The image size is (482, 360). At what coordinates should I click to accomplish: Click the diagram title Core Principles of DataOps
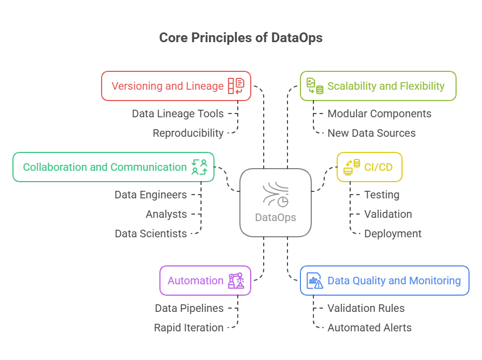pyautogui.click(x=240, y=38)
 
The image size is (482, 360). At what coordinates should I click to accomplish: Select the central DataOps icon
pyautogui.click(x=276, y=195)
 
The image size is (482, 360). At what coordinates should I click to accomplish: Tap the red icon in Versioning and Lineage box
pyautogui.click(x=236, y=86)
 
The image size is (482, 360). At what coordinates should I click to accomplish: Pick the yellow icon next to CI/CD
pyautogui.click(x=352, y=167)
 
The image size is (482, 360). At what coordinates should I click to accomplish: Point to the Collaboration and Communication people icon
pyautogui.click(x=199, y=167)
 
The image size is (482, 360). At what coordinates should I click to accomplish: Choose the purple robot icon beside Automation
pyautogui.click(x=236, y=281)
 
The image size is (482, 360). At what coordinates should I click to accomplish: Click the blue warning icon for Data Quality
pyautogui.click(x=314, y=281)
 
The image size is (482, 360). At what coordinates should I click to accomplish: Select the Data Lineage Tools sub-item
pyautogui.click(x=178, y=114)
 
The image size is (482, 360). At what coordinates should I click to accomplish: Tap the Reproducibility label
pyautogui.click(x=188, y=133)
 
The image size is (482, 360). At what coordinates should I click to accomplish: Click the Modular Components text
pyautogui.click(x=379, y=114)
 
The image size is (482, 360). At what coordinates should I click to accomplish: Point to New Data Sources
pyautogui.click(x=371, y=133)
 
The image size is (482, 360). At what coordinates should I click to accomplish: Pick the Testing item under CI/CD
pyautogui.click(x=381, y=195)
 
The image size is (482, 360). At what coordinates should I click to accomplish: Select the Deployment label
pyautogui.click(x=392, y=234)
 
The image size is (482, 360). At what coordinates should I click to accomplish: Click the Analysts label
pyautogui.click(x=166, y=214)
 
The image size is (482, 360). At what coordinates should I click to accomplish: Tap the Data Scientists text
pyautogui.click(x=151, y=234)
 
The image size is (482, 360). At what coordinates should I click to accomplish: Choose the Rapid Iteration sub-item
pyautogui.click(x=189, y=328)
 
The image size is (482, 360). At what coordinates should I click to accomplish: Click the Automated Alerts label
pyautogui.click(x=369, y=328)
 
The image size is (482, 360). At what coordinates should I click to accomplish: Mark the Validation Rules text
pyautogui.click(x=366, y=308)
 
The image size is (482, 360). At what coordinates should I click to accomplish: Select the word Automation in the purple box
pyautogui.click(x=195, y=281)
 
